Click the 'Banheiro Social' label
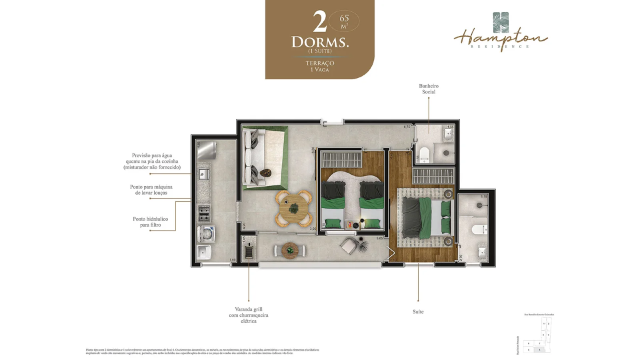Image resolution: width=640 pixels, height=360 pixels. click(x=428, y=89)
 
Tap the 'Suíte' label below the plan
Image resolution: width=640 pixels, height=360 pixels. click(x=418, y=311)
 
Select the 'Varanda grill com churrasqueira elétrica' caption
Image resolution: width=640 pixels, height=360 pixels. click(x=248, y=315)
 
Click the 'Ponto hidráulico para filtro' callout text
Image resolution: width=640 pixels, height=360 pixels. click(x=150, y=222)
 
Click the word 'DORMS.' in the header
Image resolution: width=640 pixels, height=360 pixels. click(x=320, y=42)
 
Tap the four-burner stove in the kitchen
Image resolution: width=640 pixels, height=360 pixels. click(x=204, y=213)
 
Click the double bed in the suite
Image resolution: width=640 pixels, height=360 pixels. click(x=426, y=215)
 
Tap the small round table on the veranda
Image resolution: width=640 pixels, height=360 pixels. click(x=290, y=250)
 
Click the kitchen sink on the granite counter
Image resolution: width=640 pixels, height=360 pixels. click(x=203, y=174)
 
